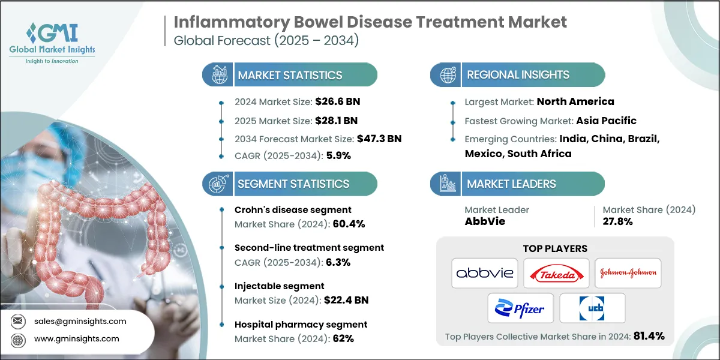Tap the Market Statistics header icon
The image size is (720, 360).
click(x=218, y=75)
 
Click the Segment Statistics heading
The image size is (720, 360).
click(x=293, y=184)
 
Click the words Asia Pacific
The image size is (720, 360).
click(x=606, y=120)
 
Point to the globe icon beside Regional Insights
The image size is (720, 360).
click(x=446, y=75)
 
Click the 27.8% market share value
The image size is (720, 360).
click(x=618, y=221)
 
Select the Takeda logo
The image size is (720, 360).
click(x=556, y=273)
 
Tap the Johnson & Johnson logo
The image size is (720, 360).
click(x=628, y=273)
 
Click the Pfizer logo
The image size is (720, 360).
click(x=520, y=308)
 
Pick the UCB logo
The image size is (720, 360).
click(x=592, y=308)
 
